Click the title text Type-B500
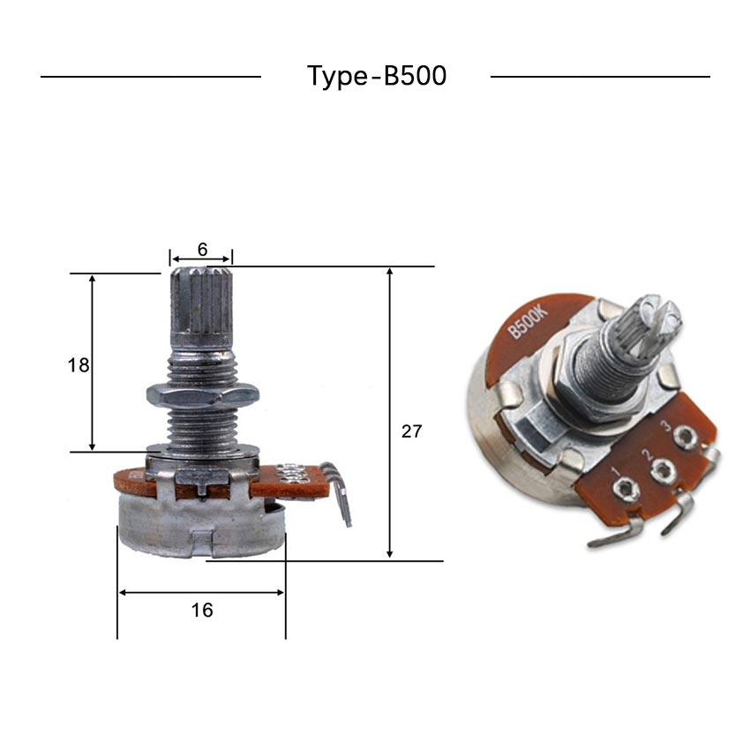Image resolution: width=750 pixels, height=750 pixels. pos(377,76)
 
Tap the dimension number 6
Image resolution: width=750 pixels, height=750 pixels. pos(202,250)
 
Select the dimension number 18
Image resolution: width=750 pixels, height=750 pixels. pos(79,364)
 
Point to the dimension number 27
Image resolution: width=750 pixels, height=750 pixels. pos(411,431)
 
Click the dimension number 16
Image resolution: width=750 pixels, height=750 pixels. pos(202,610)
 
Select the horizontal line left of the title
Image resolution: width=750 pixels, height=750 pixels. pos(151,77)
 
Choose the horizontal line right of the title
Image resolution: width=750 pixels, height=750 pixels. pos(600,77)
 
